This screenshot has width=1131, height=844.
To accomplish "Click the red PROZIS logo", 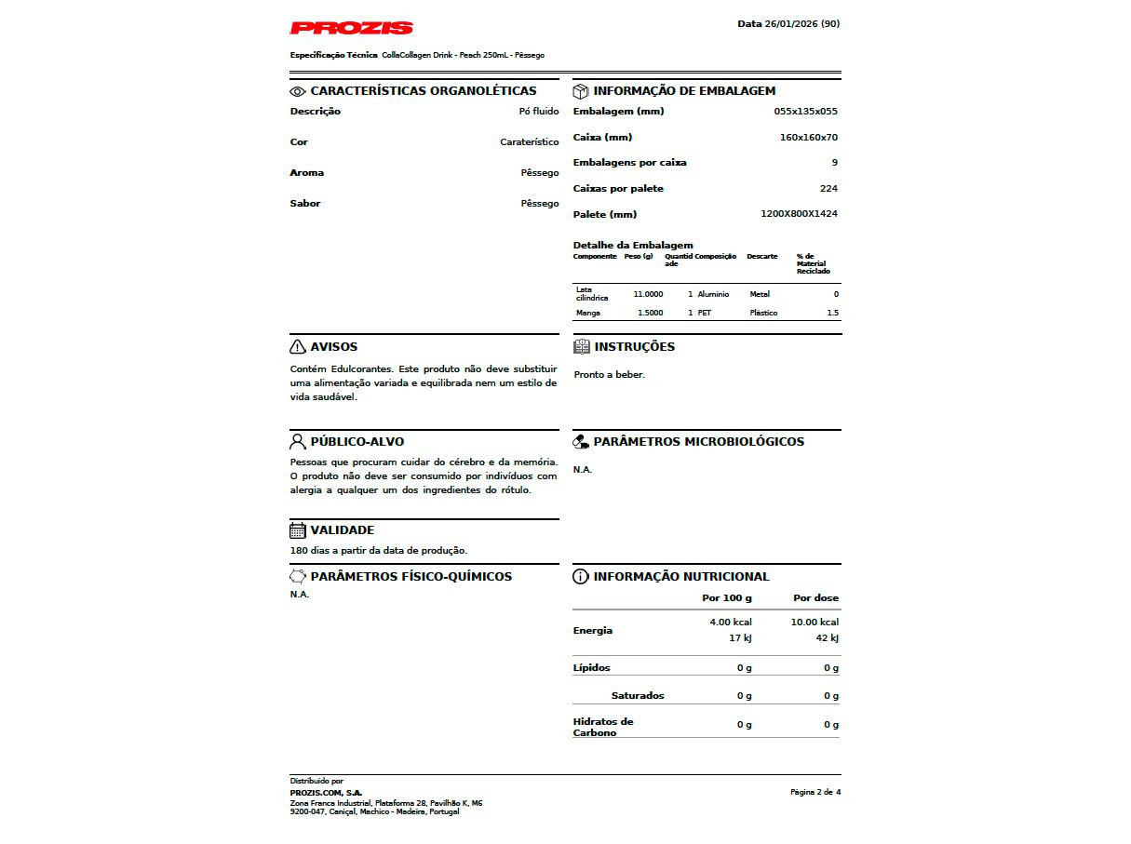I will (351, 28).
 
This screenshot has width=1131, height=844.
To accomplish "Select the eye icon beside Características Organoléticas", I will (298, 91).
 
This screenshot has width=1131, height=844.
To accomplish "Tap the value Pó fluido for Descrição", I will (539, 112).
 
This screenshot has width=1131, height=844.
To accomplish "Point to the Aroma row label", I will (307, 173).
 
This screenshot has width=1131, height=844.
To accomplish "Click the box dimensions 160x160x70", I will (808, 138).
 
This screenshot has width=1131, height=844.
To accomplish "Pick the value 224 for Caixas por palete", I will (828, 189).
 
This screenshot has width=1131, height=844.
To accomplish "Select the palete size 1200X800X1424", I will (799, 214).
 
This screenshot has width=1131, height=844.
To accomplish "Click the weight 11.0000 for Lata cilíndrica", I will (648, 294).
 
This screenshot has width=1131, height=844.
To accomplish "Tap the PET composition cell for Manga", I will (705, 314).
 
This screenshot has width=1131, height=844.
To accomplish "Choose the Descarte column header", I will (762, 257).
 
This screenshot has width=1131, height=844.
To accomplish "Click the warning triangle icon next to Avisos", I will (298, 347).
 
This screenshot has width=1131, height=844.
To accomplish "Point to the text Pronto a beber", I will (610, 375).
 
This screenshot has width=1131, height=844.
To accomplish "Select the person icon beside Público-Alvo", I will (298, 441).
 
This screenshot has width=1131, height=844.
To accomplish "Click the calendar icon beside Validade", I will (298, 530).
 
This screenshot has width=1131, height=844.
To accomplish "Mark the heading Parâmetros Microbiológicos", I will (698, 442).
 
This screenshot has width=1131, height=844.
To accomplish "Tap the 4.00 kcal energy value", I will (731, 622).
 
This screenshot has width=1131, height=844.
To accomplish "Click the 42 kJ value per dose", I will (827, 638).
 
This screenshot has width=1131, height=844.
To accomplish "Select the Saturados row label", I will (638, 696).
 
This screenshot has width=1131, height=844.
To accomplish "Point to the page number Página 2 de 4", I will (815, 792).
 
